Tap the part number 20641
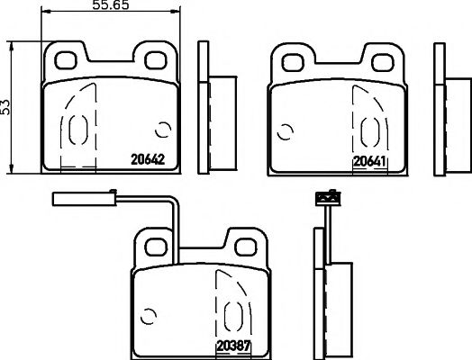369,162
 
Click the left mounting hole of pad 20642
68,60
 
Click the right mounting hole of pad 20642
154,60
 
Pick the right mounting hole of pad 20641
381,60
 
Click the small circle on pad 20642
164,129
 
